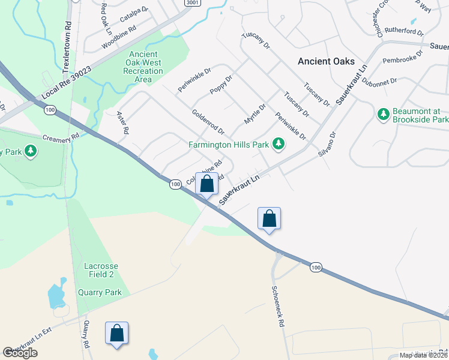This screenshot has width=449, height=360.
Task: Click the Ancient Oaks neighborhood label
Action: [326, 61]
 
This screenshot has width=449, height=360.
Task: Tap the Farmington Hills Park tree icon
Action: [278, 143]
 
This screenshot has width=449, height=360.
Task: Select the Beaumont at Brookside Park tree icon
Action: [382, 113]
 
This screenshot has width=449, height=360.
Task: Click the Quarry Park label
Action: [100, 293]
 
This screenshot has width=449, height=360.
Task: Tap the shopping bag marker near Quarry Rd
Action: [116, 333]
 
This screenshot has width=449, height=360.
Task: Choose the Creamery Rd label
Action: [61, 137]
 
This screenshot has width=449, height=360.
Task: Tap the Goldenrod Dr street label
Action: [207, 121]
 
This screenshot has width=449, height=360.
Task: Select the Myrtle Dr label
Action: [255, 112]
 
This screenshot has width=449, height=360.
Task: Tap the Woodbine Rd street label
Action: [119, 37]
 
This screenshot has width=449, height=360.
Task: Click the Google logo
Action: [20, 353]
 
